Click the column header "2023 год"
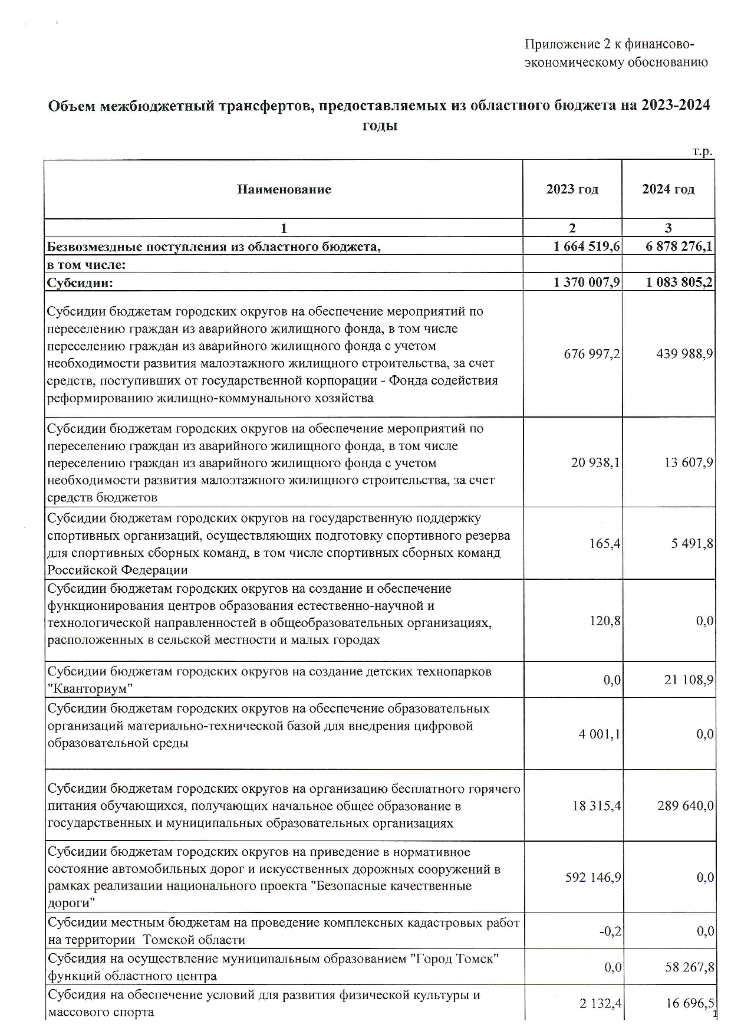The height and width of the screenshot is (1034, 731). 572,189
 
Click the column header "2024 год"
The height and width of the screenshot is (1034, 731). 668,189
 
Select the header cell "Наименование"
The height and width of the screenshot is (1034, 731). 284,189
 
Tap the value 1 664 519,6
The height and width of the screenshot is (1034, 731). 587,247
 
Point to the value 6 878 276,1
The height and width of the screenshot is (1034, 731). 679,247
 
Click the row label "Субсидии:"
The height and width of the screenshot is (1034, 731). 80,283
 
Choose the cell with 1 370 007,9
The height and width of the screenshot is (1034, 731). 587,283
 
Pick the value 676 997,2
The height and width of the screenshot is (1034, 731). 592,354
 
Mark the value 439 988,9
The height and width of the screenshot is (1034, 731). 684,354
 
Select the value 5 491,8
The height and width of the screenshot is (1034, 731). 692,543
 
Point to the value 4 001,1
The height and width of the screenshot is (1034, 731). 599,734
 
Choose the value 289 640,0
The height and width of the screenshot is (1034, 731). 686,806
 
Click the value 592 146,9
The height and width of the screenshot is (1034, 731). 593,878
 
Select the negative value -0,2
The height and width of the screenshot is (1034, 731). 611,931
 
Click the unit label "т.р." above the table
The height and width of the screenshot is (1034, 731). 702,152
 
